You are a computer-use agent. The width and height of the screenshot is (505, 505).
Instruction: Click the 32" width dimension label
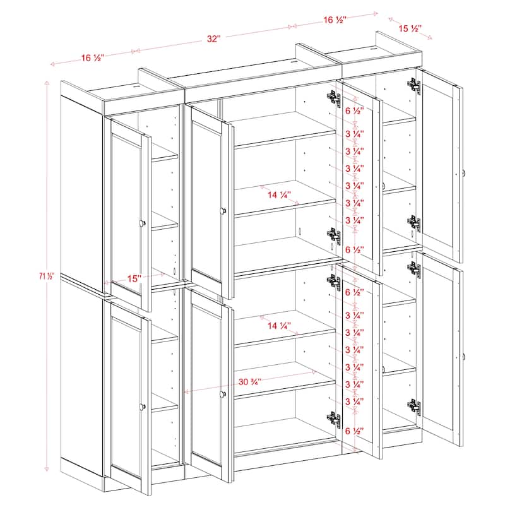point(213,39)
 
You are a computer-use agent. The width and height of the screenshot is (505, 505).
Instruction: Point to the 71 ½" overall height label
point(47,276)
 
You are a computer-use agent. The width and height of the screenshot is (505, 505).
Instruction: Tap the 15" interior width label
point(132,278)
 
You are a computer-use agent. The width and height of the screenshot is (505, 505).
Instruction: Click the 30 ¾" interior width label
point(251,381)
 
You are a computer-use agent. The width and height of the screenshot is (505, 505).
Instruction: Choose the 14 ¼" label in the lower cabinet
point(282,326)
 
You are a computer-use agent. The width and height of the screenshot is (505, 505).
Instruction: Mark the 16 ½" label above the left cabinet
point(93,58)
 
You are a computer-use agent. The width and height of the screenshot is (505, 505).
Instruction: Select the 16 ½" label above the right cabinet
point(335,20)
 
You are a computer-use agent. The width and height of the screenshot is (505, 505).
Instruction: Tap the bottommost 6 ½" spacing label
point(353,431)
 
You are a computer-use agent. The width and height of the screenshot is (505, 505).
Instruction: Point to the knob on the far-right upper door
point(464,173)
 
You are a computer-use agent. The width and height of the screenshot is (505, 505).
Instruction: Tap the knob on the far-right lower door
point(464,357)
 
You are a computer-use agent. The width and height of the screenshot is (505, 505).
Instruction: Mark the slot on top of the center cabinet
point(292,62)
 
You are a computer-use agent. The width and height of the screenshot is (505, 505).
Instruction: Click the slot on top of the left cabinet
point(136,84)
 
